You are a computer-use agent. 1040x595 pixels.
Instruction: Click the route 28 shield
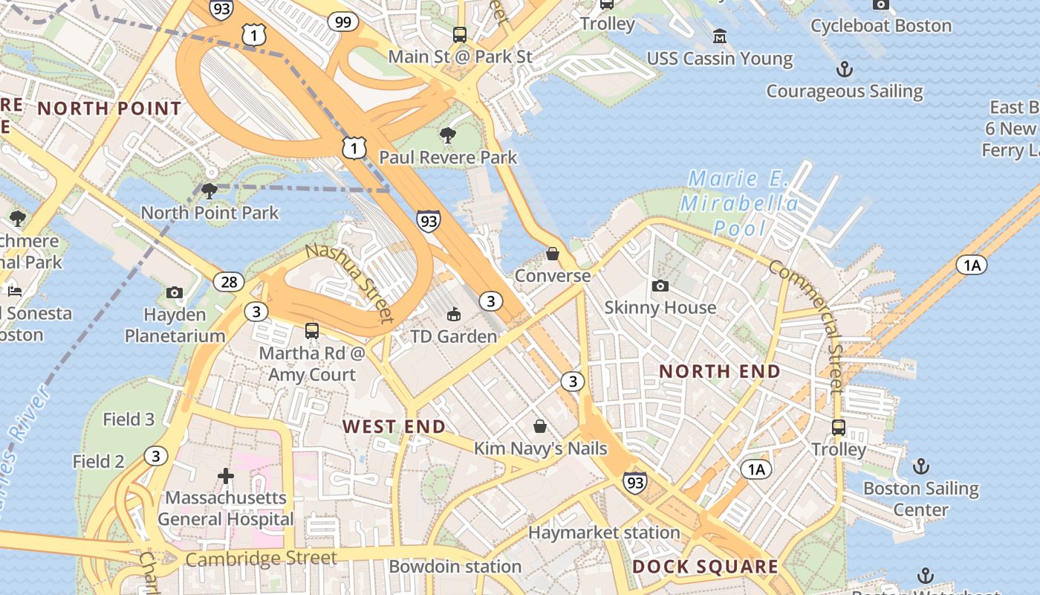pyautogui.click(x=229, y=281)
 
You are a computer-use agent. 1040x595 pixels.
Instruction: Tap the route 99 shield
pyautogui.click(x=342, y=22)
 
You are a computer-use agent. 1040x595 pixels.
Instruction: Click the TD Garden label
pyautogui.click(x=453, y=336)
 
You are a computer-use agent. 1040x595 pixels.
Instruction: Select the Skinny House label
pyautogui.click(x=660, y=307)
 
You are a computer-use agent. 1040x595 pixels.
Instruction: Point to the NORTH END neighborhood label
pyautogui.click(x=720, y=371)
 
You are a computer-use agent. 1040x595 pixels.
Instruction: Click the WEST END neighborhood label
pyautogui.click(x=394, y=426)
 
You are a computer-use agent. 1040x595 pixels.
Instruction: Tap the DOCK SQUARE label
pyautogui.click(x=705, y=567)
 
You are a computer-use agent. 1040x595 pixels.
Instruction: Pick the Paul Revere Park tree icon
pyautogui.click(x=448, y=135)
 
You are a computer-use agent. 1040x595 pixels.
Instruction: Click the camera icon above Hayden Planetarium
pyautogui.click(x=175, y=292)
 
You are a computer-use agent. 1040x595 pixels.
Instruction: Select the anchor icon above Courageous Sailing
pyautogui.click(x=845, y=70)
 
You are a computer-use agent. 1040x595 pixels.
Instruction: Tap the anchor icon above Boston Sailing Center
pyautogui.click(x=921, y=466)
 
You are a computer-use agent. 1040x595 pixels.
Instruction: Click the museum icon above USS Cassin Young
pyautogui.click(x=719, y=36)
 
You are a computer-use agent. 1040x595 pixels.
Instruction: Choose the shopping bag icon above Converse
pyautogui.click(x=552, y=254)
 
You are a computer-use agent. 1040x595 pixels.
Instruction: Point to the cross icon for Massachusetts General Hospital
pyautogui.click(x=226, y=475)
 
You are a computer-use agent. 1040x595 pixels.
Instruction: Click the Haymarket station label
pyautogui.click(x=604, y=533)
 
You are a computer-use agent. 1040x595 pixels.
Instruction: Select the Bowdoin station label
pyautogui.click(x=455, y=567)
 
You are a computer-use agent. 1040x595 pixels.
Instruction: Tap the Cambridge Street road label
pyautogui.click(x=261, y=558)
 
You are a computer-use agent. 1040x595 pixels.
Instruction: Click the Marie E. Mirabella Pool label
pyautogui.click(x=739, y=203)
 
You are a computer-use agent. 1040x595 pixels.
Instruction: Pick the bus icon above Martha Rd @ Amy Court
pyautogui.click(x=312, y=331)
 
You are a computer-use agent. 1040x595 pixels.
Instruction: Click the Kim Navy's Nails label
pyautogui.click(x=540, y=448)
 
